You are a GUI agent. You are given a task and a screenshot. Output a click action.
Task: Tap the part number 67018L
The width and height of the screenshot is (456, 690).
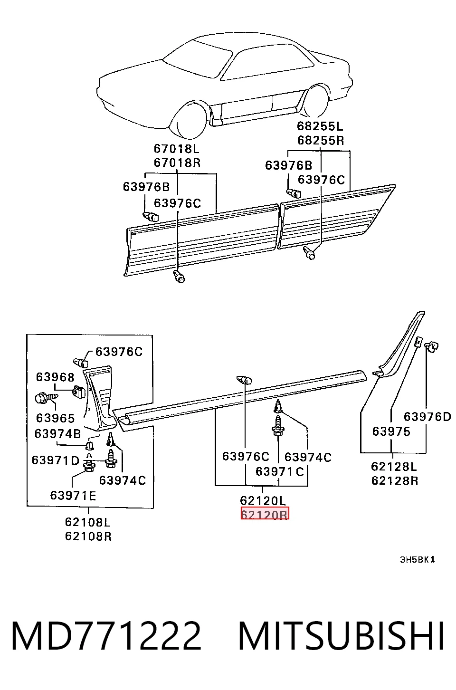point(176,149)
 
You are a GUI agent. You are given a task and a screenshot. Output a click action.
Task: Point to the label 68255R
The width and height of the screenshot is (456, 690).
point(321,141)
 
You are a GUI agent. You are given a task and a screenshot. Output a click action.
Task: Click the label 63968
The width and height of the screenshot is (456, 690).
point(56,377)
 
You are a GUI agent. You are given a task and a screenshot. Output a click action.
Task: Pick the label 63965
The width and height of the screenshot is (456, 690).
point(56,418)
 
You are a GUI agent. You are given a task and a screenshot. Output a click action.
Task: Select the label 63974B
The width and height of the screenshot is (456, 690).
point(57,433)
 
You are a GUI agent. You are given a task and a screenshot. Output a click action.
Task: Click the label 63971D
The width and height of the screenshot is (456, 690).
point(56,460)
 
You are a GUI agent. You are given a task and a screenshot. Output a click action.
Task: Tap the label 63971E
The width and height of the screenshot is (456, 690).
point(73,495)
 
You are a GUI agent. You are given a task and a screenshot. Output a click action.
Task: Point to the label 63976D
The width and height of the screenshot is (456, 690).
point(427,417)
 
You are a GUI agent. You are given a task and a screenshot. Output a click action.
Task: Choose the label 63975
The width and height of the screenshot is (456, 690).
point(391,431)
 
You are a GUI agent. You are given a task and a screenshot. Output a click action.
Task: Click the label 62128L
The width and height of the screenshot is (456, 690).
point(394,466)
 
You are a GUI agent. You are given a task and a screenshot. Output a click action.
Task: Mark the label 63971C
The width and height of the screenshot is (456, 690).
point(280,471)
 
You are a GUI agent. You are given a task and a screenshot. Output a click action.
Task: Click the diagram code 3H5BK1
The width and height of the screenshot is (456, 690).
point(417,559)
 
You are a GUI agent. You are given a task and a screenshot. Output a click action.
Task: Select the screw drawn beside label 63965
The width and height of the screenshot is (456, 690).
point(47,398)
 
